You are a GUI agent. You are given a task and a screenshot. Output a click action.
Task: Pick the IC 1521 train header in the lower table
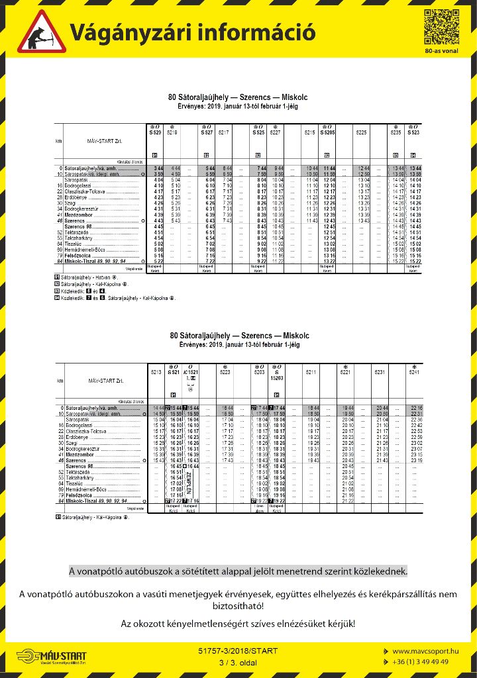click(x=191, y=373)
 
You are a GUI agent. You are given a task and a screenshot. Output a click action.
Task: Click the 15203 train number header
click(x=276, y=377)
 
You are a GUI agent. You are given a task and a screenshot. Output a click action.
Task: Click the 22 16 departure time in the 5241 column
click(x=415, y=408)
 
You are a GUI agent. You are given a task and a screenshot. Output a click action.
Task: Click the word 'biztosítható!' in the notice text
click(x=238, y=605)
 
